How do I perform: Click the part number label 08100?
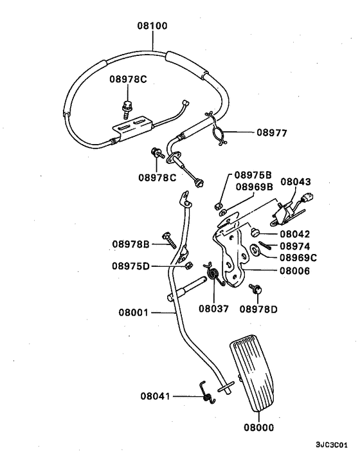pyautogui.click(x=152, y=26)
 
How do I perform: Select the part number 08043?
pyautogui.click(x=295, y=183)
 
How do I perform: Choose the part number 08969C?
pyautogui.click(x=297, y=258)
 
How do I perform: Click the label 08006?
pyautogui.click(x=294, y=271)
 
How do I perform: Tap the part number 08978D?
pyautogui.click(x=259, y=309)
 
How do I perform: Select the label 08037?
pyautogui.click(x=213, y=309)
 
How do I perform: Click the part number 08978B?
pyautogui.click(x=130, y=244)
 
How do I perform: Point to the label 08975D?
pyautogui.click(x=131, y=266)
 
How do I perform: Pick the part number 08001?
pyautogui.click(x=134, y=313)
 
